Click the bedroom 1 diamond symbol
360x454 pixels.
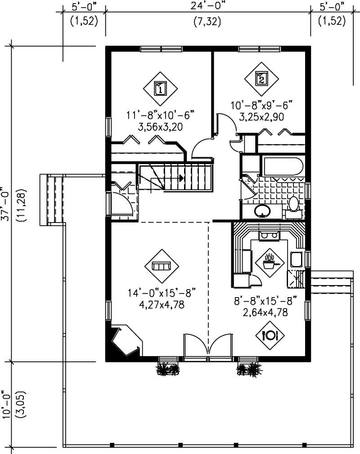pyautogui.click(x=161, y=88)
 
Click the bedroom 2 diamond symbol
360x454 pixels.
pyautogui.click(x=262, y=78)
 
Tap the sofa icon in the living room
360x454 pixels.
pyautogui.click(x=161, y=267)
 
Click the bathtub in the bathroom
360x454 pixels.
pyautogui.click(x=283, y=167)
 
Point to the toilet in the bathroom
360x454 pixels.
pyautogui.click(x=293, y=204)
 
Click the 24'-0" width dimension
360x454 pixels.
pyautogui.click(x=207, y=7)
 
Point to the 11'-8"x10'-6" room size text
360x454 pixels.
pyautogui.click(x=160, y=116)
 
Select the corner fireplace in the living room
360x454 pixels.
pyautogui.click(x=125, y=342)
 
